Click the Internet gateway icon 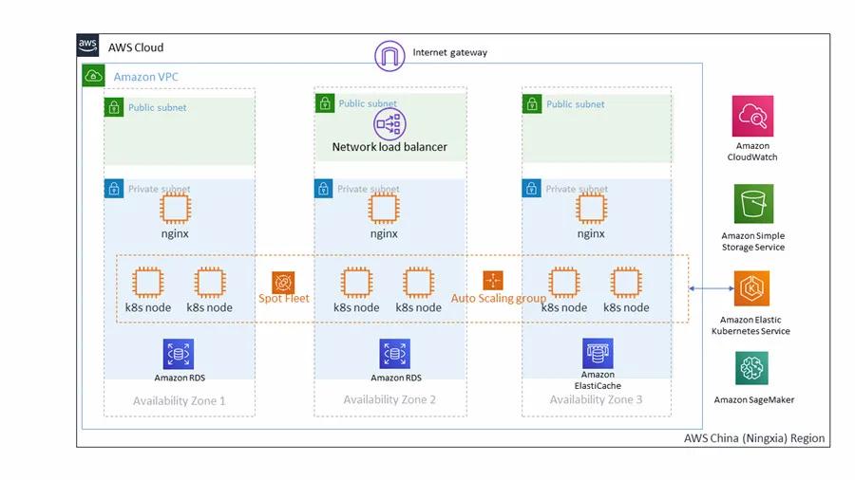[389, 55]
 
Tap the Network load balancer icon [389, 122]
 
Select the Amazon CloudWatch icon [752, 116]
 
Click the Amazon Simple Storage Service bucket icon [752, 204]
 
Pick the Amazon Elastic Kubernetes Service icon [751, 288]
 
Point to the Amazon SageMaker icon [751, 368]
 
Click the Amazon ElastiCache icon [598, 353]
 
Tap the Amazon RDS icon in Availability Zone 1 [178, 354]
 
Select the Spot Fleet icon [284, 282]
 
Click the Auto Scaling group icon [492, 281]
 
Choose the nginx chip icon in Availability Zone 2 [384, 209]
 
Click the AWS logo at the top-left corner [88, 46]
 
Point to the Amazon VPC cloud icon [94, 75]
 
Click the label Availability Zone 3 [596, 399]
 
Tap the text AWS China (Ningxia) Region [754, 438]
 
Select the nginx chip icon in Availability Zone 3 [591, 209]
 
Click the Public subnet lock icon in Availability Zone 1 [114, 107]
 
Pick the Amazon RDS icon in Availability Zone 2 [394, 354]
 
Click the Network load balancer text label [389, 147]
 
